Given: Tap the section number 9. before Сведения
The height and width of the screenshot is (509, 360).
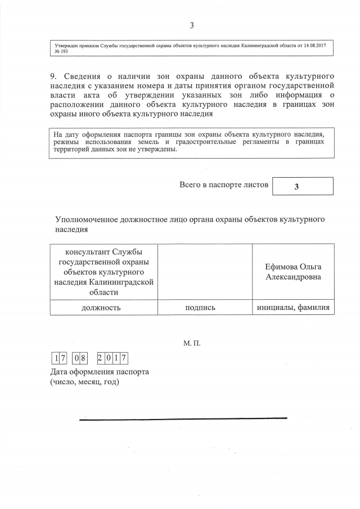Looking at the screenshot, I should click(x=54, y=76).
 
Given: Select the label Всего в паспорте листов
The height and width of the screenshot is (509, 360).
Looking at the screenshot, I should click(x=224, y=184).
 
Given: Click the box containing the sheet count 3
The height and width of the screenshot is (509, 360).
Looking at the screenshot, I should click(x=303, y=187).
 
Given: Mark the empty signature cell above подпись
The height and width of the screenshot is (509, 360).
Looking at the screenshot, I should click(x=205, y=271).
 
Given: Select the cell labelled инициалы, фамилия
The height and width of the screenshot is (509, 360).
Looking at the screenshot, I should click(x=293, y=307).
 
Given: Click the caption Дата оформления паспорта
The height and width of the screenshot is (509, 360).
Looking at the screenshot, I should click(x=100, y=372).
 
